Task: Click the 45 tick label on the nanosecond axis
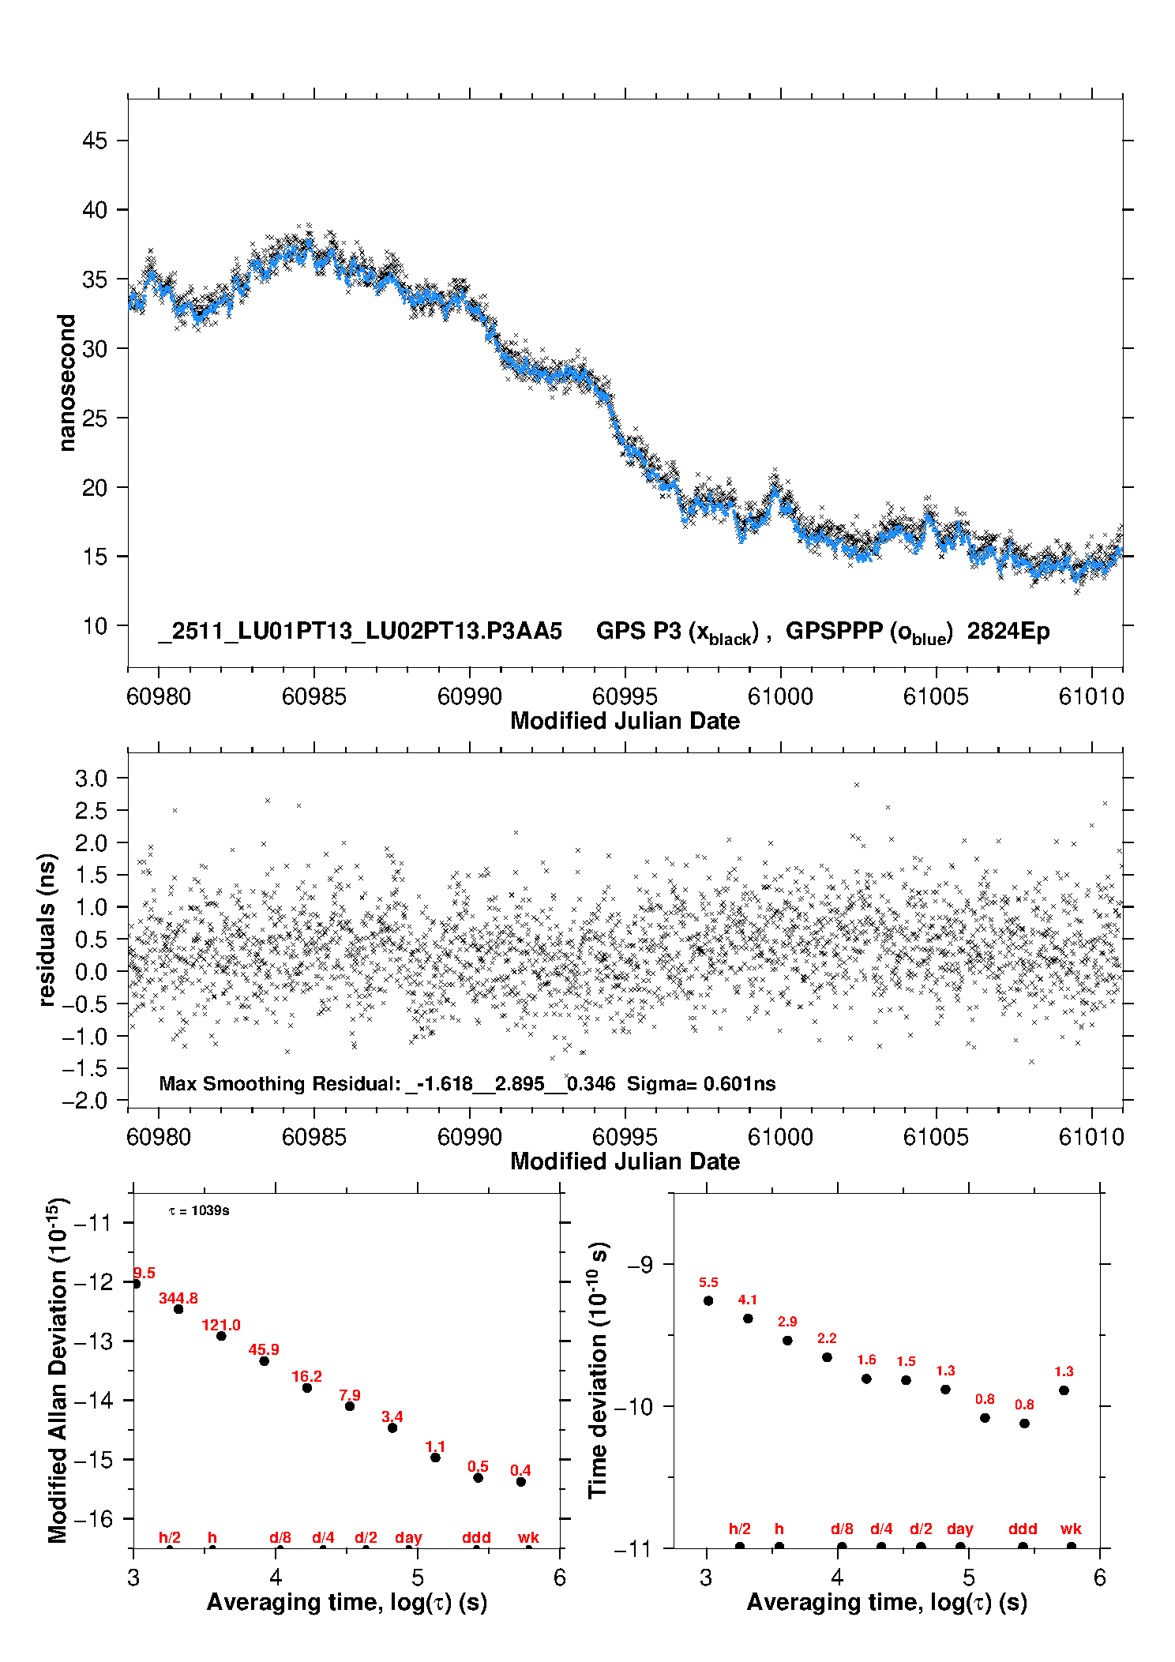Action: coord(95,141)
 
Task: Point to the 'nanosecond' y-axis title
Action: coord(67,383)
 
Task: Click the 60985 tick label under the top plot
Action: coord(313,696)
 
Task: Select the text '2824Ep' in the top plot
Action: coord(1008,632)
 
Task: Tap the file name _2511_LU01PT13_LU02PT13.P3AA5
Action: coord(360,632)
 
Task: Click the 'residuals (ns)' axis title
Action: coord(47,929)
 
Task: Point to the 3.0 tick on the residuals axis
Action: coord(91,778)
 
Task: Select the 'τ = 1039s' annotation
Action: coord(199,1211)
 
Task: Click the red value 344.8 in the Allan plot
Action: coord(178,1298)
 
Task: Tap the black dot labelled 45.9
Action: coord(265,1360)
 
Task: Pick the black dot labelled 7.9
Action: coord(350,1405)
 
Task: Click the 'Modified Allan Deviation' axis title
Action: coord(58,1370)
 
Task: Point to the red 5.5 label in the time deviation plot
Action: coord(708,1282)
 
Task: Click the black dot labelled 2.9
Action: coord(787,1340)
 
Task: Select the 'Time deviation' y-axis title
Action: coord(598,1370)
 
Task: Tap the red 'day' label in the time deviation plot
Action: coord(959,1529)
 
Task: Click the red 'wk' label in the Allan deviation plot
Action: coord(528,1537)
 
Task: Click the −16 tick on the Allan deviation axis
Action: coord(92,1518)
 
